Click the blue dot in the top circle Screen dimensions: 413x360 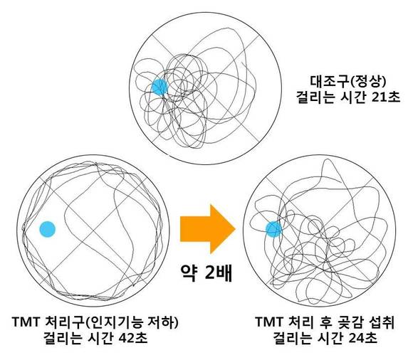(160, 87)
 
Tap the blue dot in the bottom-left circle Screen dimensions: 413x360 (48, 229)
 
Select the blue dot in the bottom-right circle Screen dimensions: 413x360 (274, 229)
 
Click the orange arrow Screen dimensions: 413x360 (207, 229)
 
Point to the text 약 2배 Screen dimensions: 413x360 (206, 273)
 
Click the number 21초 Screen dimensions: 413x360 (386, 97)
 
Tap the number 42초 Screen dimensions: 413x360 (132, 338)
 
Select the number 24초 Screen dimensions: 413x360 (362, 338)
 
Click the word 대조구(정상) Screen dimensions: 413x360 (348, 82)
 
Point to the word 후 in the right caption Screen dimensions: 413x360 (325, 322)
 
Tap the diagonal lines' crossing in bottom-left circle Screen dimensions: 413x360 (93, 231)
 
